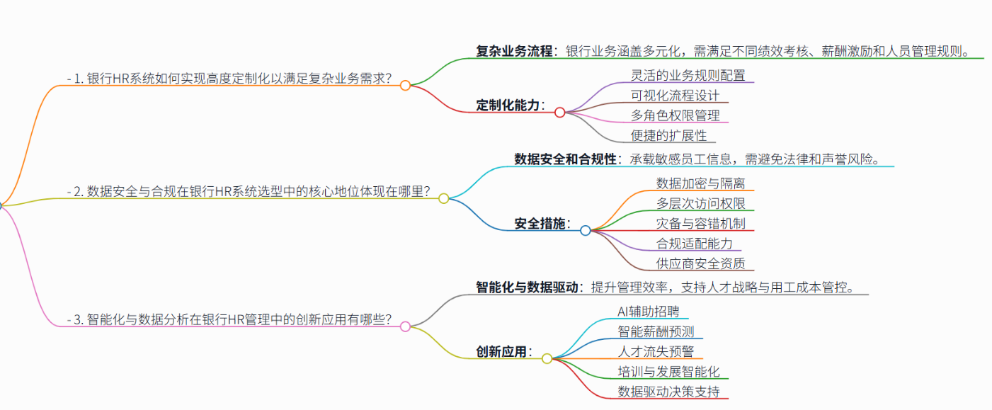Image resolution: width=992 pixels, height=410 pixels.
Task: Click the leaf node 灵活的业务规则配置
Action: tap(688, 75)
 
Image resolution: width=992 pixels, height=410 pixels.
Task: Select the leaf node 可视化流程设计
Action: tap(675, 95)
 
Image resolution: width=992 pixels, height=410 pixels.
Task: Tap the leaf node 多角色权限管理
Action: tap(675, 115)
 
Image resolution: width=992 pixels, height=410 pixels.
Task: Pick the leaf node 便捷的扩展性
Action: tap(668, 135)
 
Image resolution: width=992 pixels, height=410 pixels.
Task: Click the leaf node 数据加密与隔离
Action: tap(700, 183)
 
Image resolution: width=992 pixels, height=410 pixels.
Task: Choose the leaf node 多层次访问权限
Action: tap(700, 204)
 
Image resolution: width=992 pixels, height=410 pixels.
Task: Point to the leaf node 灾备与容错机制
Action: tap(700, 224)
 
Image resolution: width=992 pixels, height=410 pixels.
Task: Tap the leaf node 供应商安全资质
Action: tap(700, 264)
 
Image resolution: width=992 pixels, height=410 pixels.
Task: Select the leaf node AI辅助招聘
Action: tap(648, 312)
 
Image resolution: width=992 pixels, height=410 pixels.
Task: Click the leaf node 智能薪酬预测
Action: tap(656, 331)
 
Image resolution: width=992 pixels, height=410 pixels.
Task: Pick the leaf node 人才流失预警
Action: tap(656, 351)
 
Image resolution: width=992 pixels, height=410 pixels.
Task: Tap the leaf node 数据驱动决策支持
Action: tap(668, 392)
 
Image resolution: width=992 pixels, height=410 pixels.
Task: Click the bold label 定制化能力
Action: tap(508, 106)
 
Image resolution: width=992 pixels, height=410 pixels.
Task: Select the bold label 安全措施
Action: tap(540, 224)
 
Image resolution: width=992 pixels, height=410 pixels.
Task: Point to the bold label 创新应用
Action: tap(501, 352)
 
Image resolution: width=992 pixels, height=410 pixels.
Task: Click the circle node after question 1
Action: tap(405, 86)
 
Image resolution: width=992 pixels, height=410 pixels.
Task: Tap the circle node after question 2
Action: tap(444, 198)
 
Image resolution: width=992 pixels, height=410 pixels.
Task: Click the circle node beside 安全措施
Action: tap(585, 230)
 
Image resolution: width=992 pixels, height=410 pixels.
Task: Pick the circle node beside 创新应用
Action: tap(547, 358)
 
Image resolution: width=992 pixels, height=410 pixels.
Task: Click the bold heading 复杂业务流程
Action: tap(514, 51)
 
